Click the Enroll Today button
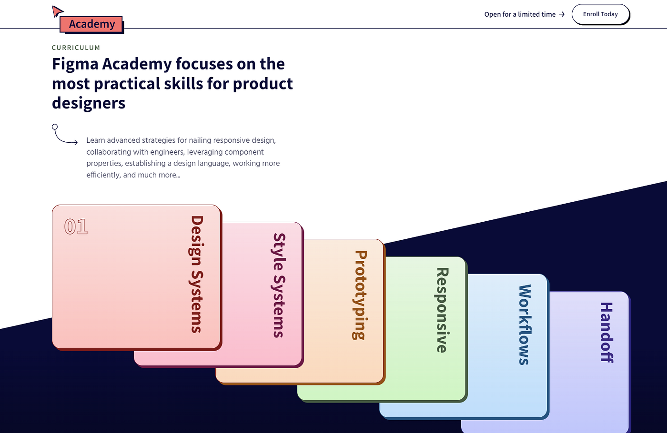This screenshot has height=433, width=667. point(600,14)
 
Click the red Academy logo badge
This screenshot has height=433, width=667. point(91,24)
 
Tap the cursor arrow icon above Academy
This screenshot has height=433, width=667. point(57,11)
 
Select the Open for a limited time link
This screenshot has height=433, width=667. point(525,14)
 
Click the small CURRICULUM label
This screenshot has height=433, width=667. point(76,48)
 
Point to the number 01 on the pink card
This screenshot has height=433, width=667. point(76,226)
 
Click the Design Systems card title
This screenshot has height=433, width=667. point(197,274)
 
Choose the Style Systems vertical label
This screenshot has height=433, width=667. point(279,285)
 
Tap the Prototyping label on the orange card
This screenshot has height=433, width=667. point(360,295)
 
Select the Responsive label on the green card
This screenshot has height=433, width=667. point(442,310)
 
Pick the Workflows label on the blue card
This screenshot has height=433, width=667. point(525,325)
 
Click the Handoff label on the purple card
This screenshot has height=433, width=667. point(606,333)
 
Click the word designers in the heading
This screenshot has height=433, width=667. point(89,103)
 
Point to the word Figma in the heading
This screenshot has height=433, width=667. point(75,64)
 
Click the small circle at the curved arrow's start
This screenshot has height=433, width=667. point(55,127)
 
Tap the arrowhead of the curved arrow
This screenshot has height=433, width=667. point(76,142)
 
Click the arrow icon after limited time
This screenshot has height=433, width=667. point(562,14)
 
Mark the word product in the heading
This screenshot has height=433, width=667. point(263,84)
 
